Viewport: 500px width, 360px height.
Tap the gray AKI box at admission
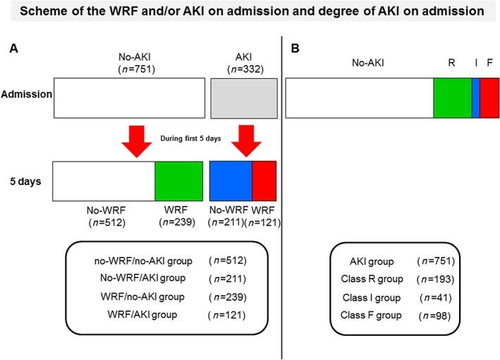click(243, 97)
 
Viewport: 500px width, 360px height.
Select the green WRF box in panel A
click(178, 181)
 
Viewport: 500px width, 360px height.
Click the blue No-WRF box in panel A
click(231, 181)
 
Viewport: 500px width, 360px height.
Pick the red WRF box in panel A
click(264, 181)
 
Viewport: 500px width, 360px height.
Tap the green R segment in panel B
click(452, 98)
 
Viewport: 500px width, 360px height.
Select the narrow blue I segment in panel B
click(475, 98)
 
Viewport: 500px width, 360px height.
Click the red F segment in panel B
click(489, 98)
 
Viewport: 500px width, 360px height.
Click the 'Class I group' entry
click(368, 297)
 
